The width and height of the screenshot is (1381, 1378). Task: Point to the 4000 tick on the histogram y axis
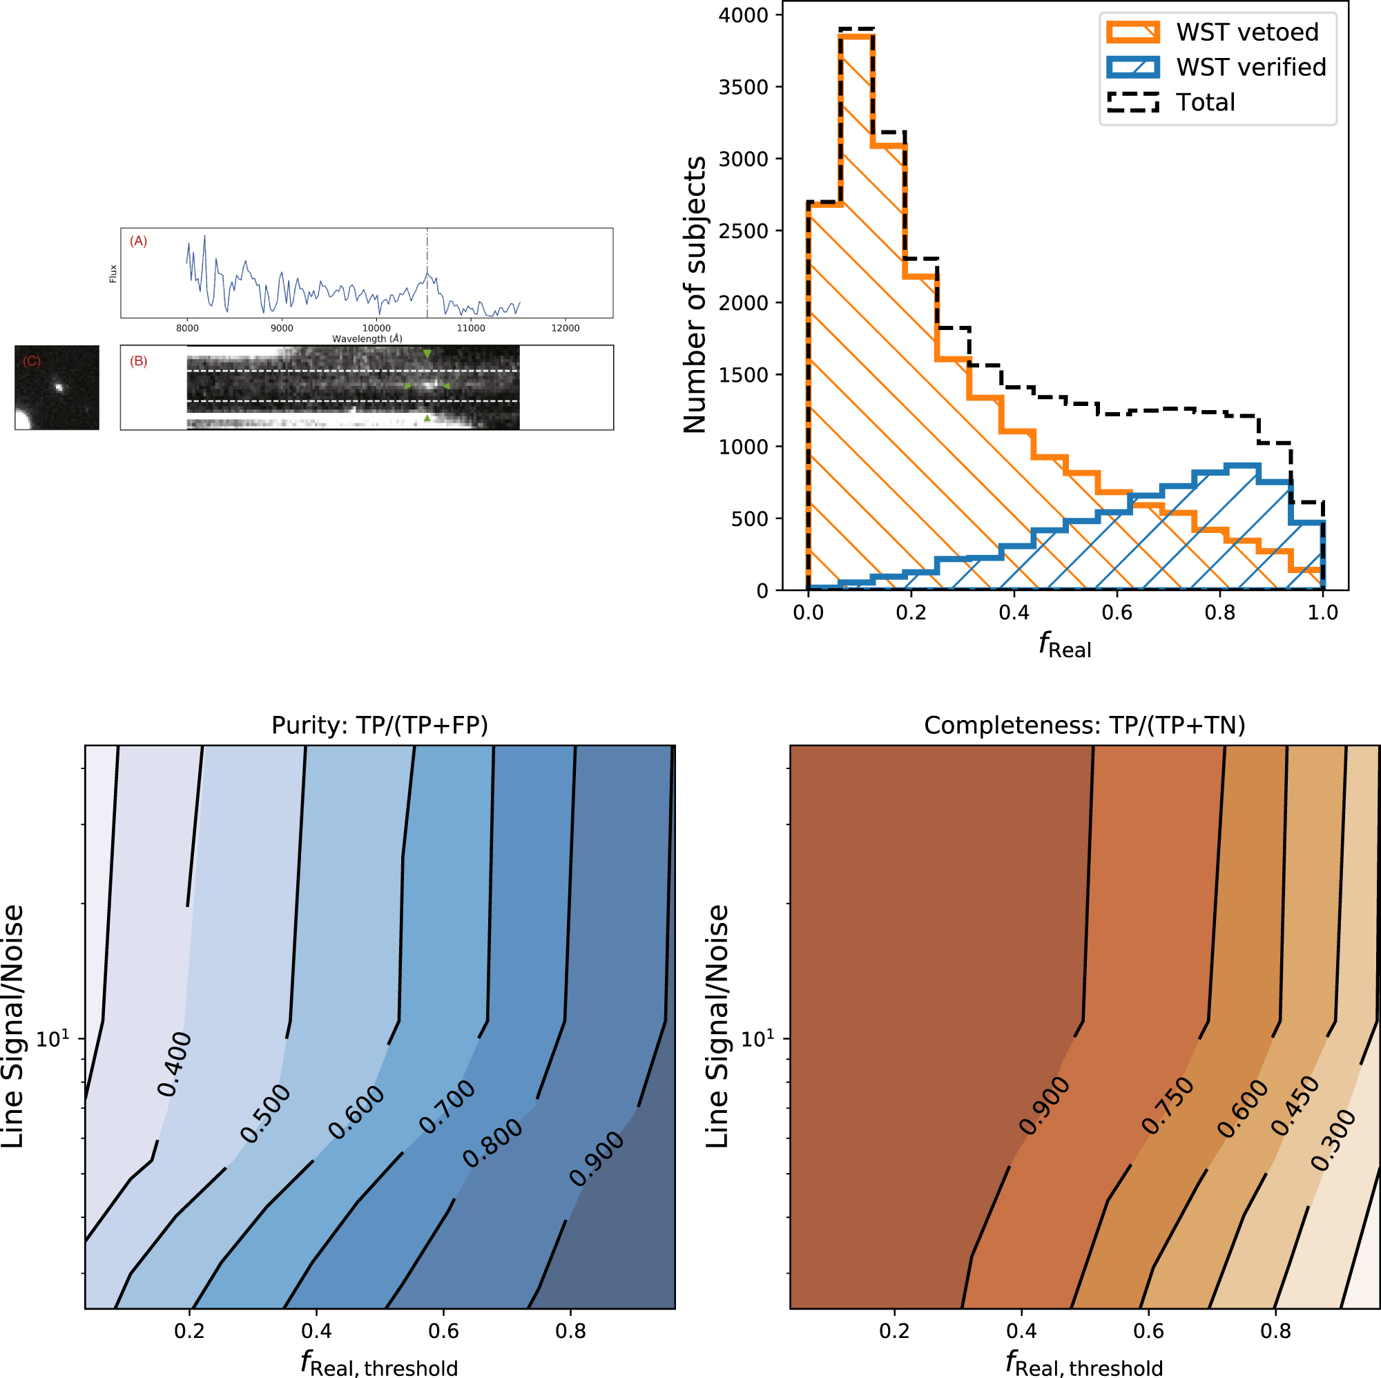744,15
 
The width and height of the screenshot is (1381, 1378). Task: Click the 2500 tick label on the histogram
744,231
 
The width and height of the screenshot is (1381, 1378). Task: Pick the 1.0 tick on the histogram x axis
1322,612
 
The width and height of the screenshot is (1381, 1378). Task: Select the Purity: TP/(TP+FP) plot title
380,726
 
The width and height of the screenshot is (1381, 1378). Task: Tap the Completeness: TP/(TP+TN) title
1084,726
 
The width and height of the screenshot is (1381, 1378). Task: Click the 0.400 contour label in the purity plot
175,1065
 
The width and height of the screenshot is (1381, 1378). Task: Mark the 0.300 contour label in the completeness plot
1333,1141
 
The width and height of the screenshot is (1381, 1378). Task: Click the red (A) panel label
139,242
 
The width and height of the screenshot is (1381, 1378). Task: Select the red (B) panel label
139,362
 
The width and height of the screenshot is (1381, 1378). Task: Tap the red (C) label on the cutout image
32,362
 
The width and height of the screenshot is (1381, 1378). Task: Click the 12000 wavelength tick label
565,328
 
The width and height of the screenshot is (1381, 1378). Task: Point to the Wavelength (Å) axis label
367,339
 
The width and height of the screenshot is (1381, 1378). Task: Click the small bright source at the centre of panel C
59,388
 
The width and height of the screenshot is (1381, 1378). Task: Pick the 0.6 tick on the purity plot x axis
443,1331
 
